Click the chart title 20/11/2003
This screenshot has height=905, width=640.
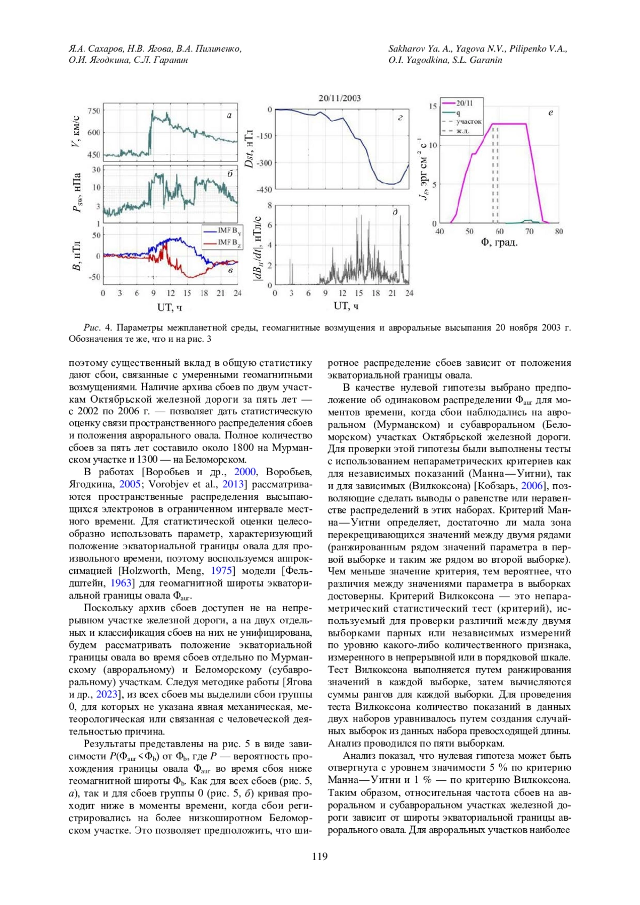point(340,98)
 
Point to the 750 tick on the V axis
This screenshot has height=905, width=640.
point(94,111)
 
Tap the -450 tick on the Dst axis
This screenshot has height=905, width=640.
point(264,189)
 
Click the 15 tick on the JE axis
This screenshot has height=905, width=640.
point(433,106)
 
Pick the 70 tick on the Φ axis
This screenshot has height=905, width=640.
point(529,231)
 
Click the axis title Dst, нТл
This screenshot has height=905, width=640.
point(249,148)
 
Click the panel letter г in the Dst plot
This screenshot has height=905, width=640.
point(400,118)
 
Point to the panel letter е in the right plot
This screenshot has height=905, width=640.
point(550,113)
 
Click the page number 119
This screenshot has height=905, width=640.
point(319,857)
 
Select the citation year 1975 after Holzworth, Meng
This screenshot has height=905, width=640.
point(222,571)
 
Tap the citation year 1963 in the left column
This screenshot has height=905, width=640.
point(121,583)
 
